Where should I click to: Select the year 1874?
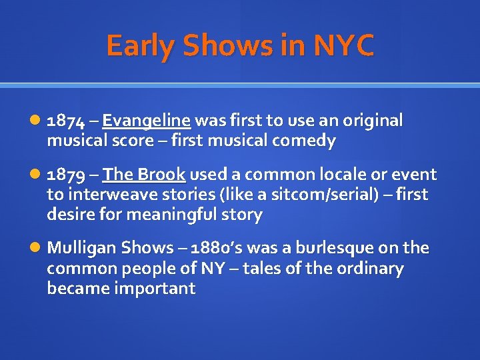pos(65,121)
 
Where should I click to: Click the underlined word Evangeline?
pos(147,121)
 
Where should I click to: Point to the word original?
pos(370,121)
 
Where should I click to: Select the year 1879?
pos(65,175)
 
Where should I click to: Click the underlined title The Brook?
pos(144,175)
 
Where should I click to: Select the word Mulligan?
pos(81,248)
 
